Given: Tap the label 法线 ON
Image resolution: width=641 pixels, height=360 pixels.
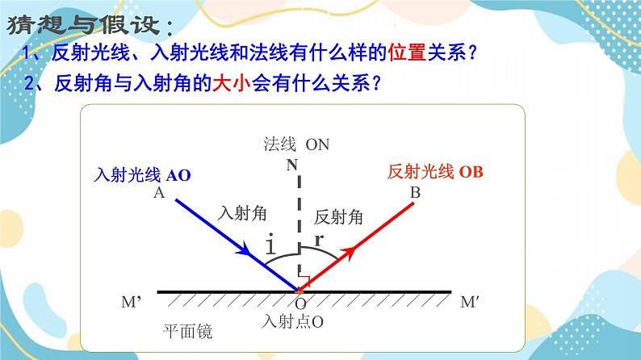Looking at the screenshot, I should tap(296, 144).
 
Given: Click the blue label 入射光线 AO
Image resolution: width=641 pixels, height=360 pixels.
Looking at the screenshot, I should tap(143, 174).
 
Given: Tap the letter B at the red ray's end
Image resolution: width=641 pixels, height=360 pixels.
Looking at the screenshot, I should tap(415, 193).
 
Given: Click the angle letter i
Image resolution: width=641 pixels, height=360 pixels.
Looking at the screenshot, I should tap(270, 246).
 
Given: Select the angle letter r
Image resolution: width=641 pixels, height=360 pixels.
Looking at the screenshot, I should tap(320, 240).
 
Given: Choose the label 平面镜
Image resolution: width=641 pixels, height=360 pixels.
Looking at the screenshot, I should tap(187, 332).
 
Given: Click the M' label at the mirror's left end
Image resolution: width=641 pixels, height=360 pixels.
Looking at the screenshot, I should tap(132, 302).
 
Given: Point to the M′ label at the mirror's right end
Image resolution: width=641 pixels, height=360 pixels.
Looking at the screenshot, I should tap(470, 302).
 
